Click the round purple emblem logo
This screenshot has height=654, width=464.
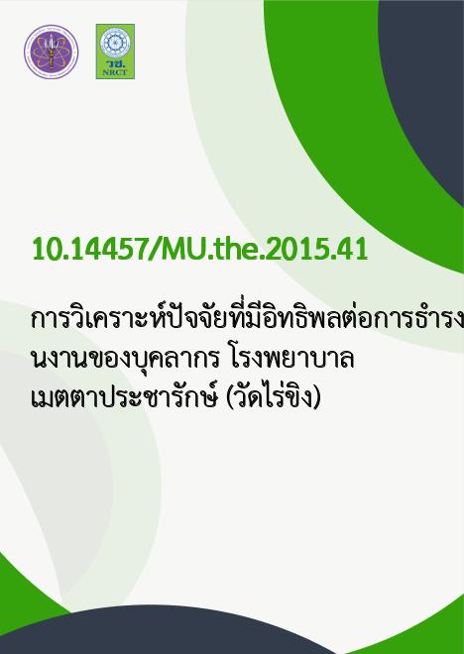click(51, 52)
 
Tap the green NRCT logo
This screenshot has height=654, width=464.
click(115, 52)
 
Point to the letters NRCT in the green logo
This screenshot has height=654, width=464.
click(115, 72)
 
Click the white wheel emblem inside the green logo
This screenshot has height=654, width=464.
click(115, 43)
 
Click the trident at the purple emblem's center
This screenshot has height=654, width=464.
click(51, 52)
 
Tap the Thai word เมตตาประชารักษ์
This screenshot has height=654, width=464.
click(125, 397)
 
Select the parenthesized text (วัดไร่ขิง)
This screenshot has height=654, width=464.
click(273, 397)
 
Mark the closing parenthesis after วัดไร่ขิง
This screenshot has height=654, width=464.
click(316, 398)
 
